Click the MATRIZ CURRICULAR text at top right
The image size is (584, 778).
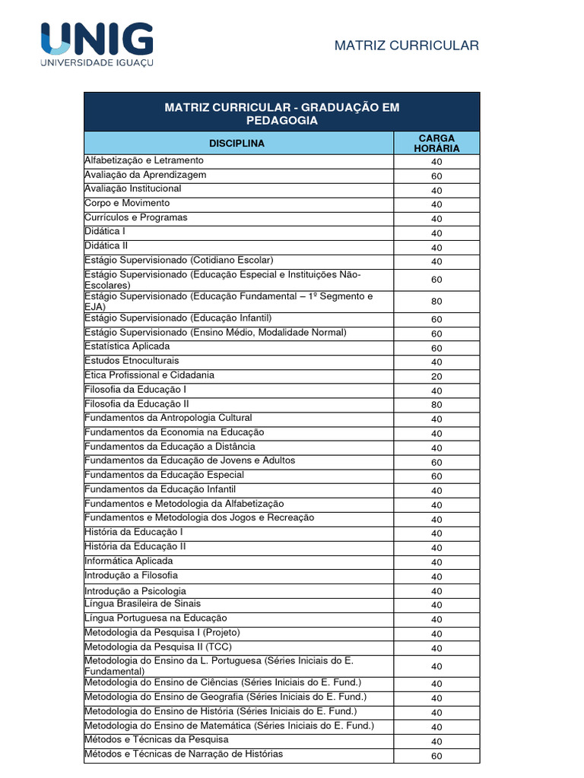[x=407, y=46]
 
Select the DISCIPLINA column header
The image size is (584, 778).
[x=237, y=143]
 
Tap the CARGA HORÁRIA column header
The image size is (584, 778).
[x=436, y=143]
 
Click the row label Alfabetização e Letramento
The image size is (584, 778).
[x=144, y=160]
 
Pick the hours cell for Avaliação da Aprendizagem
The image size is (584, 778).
[x=436, y=176]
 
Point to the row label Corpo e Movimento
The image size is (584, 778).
[x=127, y=203]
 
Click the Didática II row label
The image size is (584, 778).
[x=106, y=246]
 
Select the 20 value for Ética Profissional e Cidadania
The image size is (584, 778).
[x=436, y=376]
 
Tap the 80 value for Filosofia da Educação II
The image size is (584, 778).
[x=436, y=405]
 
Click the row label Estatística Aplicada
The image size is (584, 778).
[x=127, y=346]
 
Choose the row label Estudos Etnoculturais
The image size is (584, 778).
[x=132, y=360]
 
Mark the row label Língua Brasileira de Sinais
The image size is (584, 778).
[x=142, y=604]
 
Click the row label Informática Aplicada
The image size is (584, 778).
[x=129, y=561]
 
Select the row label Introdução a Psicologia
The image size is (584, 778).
[x=135, y=590]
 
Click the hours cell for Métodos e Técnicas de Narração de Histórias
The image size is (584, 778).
[x=436, y=756]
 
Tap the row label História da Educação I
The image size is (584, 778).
[x=134, y=532]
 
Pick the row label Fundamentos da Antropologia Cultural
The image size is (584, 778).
[x=168, y=418]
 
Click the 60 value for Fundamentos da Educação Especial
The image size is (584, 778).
[x=436, y=476]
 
